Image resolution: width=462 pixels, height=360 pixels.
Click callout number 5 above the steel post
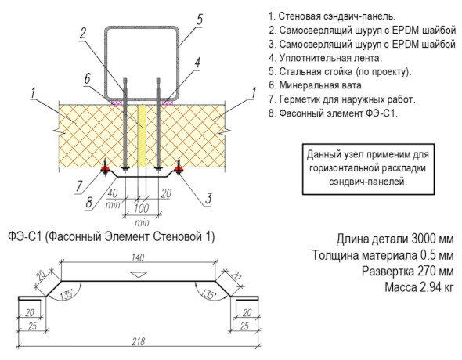click(200, 20)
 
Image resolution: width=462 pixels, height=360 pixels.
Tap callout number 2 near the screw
click(83, 33)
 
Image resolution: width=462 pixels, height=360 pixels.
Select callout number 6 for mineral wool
click(87, 78)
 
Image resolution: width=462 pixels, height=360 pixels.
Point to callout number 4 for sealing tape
click(197, 63)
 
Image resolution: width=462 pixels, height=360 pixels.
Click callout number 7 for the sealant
click(79, 186)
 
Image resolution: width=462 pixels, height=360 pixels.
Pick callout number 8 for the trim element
click(89, 202)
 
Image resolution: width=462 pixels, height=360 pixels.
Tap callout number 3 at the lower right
click(208, 199)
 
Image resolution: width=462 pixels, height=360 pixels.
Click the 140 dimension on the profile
click(138, 257)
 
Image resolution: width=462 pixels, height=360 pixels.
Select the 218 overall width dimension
click(138, 341)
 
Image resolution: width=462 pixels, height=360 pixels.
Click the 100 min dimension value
click(142, 208)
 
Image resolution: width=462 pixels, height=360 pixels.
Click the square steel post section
click(142, 63)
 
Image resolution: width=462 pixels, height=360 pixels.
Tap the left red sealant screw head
click(105, 169)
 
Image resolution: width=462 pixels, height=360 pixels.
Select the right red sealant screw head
click(179, 169)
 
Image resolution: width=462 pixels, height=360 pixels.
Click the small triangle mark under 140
click(139, 275)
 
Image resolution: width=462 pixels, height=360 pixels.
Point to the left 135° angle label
click(67, 294)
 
